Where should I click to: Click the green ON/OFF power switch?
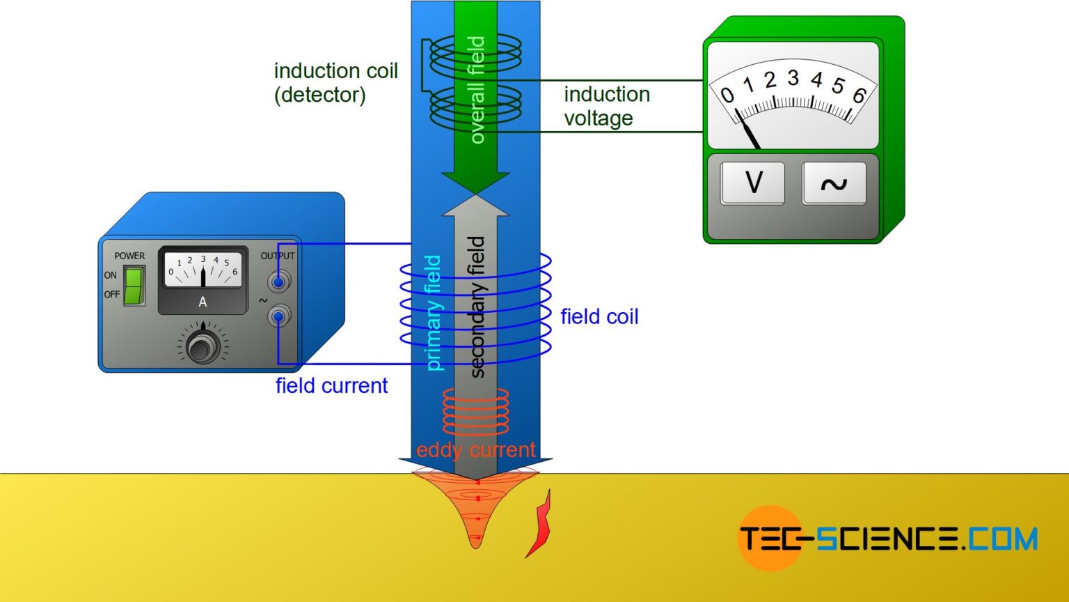coord(134,285)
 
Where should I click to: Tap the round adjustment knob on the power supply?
coord(203,346)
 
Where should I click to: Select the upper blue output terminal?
coord(279,282)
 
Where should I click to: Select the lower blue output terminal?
coord(279,318)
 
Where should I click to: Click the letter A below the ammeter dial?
coord(203,302)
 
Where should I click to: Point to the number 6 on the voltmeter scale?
coord(859,95)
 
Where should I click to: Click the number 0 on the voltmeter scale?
coord(727,95)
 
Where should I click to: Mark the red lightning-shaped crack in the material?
coord(539,524)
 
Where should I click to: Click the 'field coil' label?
coord(599,317)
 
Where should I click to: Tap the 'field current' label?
coord(331,386)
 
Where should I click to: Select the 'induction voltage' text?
coord(606,106)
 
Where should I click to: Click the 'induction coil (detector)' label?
coord(335,82)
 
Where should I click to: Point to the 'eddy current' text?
coord(475,450)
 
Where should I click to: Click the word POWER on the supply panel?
coord(129,256)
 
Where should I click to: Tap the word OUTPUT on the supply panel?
coord(278,256)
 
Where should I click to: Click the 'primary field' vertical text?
coord(433,313)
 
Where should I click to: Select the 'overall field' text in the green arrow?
coord(476,91)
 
